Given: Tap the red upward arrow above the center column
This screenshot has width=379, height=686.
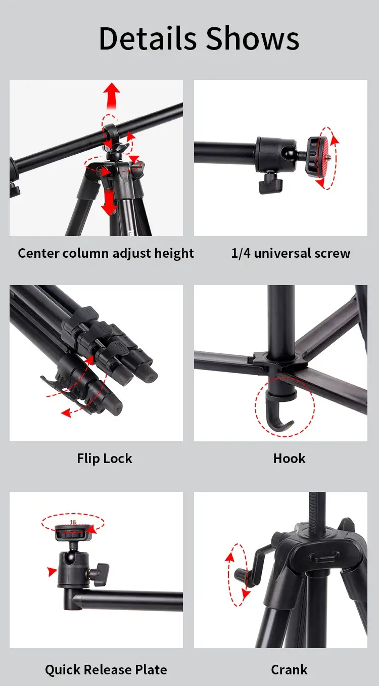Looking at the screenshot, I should click(x=111, y=97).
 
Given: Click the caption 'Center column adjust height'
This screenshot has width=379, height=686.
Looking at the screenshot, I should click(x=106, y=253).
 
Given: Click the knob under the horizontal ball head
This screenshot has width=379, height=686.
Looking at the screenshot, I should click(x=269, y=185).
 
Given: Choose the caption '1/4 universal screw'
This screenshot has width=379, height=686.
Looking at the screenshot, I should click(x=291, y=253).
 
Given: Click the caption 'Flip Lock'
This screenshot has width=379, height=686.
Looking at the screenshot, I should click(x=105, y=459).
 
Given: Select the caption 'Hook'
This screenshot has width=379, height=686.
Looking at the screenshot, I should click(x=289, y=459).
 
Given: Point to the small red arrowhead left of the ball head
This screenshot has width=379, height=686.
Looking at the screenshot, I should click(x=52, y=572).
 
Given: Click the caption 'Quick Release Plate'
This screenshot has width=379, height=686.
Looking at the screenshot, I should click(x=106, y=670).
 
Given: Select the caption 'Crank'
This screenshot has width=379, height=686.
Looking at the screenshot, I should click(x=289, y=670).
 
